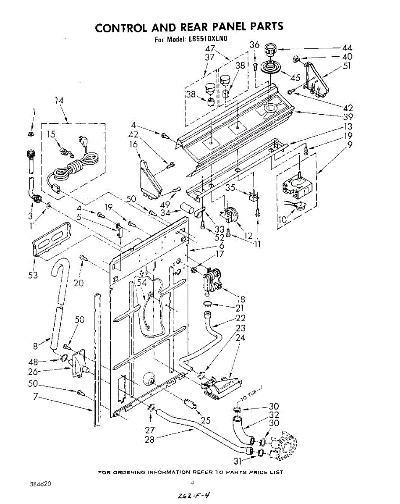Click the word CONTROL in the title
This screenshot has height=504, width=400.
pyautogui.click(x=119, y=28)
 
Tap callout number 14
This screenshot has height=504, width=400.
pyautogui.click(x=59, y=100)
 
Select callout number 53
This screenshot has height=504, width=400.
pyautogui.click(x=33, y=275)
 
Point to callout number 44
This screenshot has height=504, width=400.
pyautogui.click(x=347, y=48)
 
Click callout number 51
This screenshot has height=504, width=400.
pyautogui.click(x=347, y=66)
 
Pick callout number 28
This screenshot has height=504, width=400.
pyautogui.click(x=149, y=439)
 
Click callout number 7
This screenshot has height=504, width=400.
pyautogui.click(x=36, y=396)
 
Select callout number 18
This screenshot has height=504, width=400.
pyautogui.click(x=241, y=299)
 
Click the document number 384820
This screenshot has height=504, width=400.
pyautogui.click(x=41, y=484)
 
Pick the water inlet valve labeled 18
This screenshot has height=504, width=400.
pyautogui.click(x=213, y=279)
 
